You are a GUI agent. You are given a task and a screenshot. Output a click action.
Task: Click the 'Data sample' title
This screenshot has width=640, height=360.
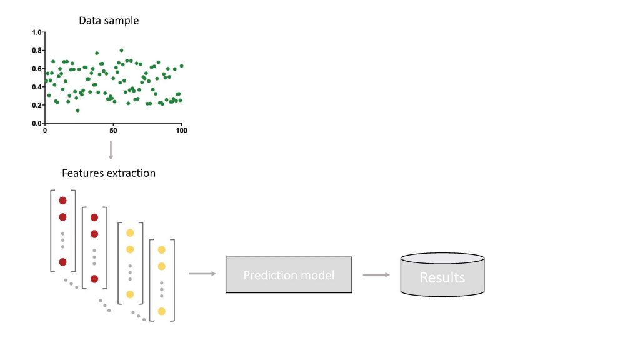click(109, 21)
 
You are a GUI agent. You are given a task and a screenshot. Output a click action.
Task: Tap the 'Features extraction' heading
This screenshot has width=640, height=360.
click(109, 172)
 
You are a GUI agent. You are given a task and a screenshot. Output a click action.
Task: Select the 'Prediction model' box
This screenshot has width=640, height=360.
click(289, 275)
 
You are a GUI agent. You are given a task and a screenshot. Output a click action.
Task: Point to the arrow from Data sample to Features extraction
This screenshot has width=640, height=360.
click(111, 150)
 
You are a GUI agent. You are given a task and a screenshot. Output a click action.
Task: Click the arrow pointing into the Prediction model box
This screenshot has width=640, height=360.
click(202, 274)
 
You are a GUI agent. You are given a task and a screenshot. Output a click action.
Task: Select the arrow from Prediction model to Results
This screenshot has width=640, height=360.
click(376, 274)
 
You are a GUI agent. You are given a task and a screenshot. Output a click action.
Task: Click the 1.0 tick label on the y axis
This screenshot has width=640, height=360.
click(36, 32)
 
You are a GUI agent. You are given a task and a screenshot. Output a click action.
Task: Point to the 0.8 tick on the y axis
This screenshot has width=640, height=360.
click(36, 50)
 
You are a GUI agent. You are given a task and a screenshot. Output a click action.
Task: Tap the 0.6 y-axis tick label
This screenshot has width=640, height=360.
click(36, 69)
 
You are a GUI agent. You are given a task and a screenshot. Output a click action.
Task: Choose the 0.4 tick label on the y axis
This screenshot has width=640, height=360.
click(36, 87)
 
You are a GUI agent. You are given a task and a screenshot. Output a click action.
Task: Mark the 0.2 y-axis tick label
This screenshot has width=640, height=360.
click(36, 105)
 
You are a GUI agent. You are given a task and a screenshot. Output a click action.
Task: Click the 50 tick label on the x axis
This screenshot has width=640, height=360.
click(113, 130)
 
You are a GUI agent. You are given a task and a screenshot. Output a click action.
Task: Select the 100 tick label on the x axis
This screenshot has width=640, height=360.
click(181, 130)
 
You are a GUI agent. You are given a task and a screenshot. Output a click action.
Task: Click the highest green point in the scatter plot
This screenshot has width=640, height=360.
click(121, 50)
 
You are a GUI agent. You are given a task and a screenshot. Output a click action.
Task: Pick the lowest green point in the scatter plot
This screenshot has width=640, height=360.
click(77, 111)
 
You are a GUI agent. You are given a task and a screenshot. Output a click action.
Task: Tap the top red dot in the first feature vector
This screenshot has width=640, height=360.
click(62, 201)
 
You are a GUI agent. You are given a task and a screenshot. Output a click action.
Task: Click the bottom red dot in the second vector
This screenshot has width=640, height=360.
click(94, 279)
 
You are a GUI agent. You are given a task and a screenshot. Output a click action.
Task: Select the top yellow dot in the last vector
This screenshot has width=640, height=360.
click(161, 250)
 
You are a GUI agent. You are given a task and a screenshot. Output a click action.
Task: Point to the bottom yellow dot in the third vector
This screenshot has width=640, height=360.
click(130, 294)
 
